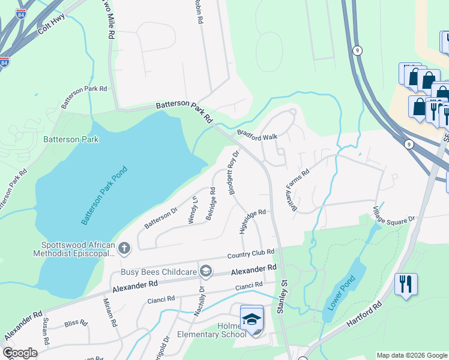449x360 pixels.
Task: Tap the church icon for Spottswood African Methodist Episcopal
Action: point(124,248)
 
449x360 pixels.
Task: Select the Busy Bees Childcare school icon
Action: point(206,272)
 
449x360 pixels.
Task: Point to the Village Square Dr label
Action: point(394,215)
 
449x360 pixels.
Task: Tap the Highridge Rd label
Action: point(252,221)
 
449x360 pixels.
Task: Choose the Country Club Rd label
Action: point(250,254)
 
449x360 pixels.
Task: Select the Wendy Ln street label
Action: point(193,209)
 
